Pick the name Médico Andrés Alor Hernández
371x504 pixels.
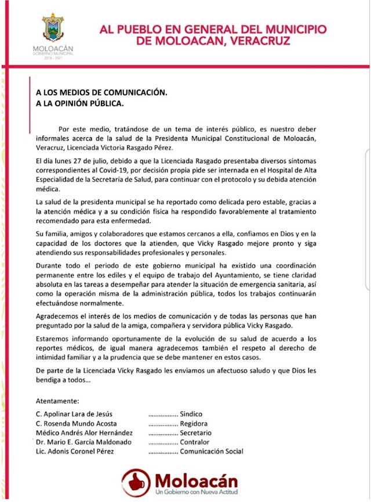tap(84, 433)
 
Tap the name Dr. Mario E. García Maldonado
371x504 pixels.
tap(83, 442)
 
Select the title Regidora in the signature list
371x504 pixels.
tap(194, 424)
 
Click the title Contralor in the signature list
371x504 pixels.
tap(196, 442)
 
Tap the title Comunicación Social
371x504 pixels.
tap(212, 451)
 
